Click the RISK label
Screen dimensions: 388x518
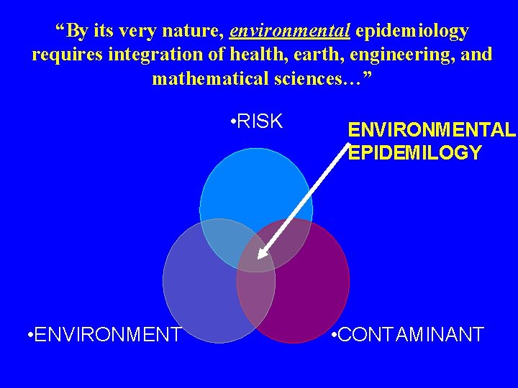tap(259, 121)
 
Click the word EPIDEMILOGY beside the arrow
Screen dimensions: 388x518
tap(415, 152)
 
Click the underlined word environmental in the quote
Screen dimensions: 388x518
tap(290, 32)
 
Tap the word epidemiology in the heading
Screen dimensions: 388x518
tap(412, 32)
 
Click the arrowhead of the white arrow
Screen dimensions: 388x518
tap(261, 254)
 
